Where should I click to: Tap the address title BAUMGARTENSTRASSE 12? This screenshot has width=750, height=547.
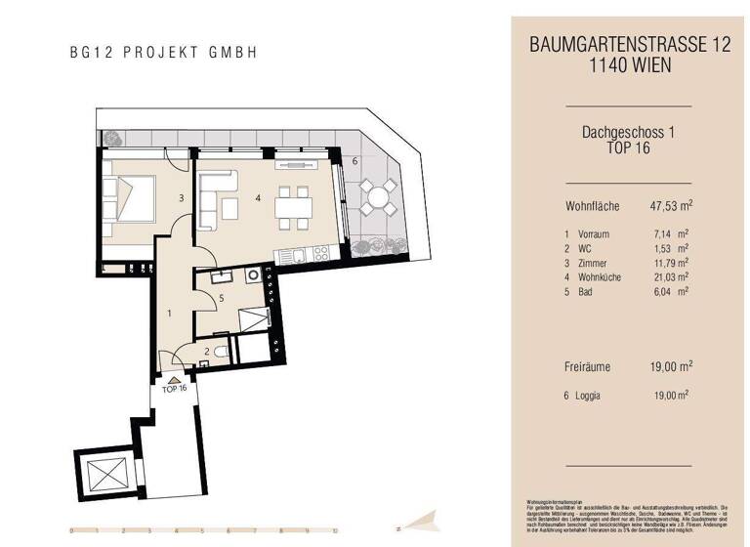629,44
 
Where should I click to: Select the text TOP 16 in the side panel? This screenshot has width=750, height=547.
629,148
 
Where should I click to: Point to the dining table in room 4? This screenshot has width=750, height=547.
293,207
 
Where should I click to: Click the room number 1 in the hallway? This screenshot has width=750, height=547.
169,314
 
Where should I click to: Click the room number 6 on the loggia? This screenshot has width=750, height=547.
354,160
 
